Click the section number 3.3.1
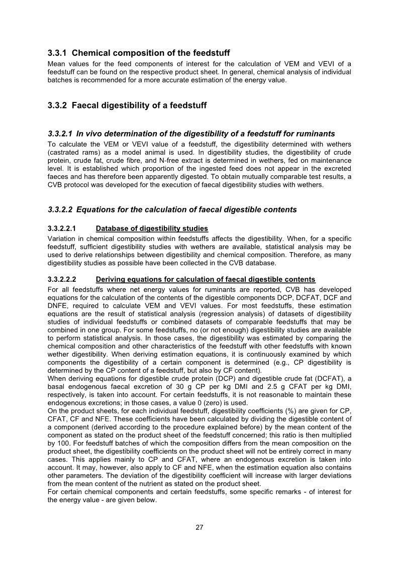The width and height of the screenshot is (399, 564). tap(57, 53)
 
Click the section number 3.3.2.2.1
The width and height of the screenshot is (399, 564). tap(61, 229)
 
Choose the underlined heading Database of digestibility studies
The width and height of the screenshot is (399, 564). tap(152, 229)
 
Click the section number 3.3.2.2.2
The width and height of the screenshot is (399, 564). tap(61, 279)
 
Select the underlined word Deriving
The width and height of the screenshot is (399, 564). tap(111, 279)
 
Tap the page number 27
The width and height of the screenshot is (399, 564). tap(199, 527)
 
